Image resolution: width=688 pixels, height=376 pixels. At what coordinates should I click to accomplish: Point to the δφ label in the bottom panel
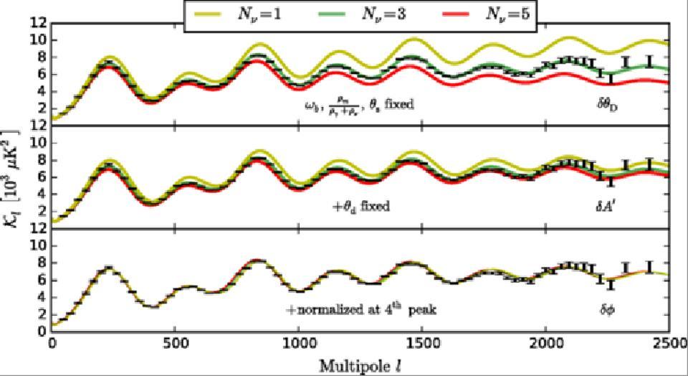click(608, 310)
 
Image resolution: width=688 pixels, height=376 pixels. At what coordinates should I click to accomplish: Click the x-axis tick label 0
click(52, 343)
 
